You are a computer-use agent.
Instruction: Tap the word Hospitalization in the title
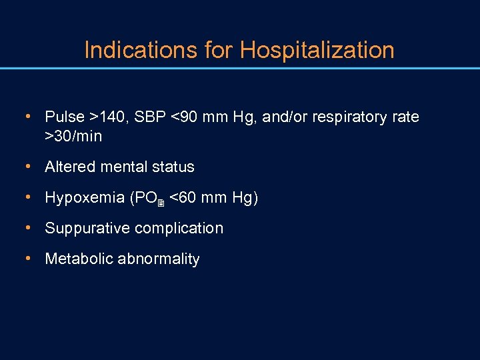(x=317, y=50)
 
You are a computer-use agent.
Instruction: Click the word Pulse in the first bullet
(x=65, y=117)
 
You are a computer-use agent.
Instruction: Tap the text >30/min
(x=73, y=137)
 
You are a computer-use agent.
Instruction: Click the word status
(x=175, y=167)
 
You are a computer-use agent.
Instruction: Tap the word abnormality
(x=158, y=259)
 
